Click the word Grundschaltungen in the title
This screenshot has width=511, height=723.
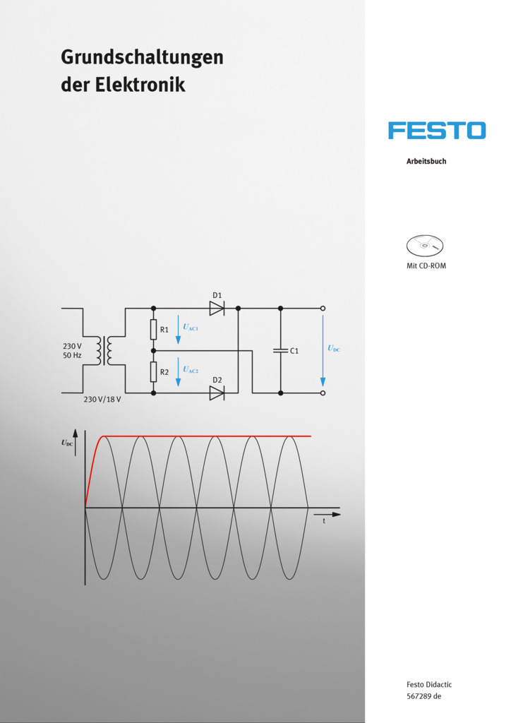pyautogui.click(x=142, y=58)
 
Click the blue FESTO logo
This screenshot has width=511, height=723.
pyautogui.click(x=437, y=131)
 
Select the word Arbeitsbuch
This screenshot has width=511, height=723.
pyautogui.click(x=426, y=162)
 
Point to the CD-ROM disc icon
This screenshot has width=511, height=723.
pyautogui.click(x=425, y=246)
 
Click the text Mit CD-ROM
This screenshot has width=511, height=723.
pyautogui.click(x=426, y=266)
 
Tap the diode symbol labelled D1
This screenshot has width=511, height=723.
pyautogui.click(x=217, y=309)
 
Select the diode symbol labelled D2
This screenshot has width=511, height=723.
pyautogui.click(x=217, y=393)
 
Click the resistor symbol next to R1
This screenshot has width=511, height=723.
pyautogui.click(x=153, y=330)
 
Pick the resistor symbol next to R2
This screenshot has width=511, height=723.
pyautogui.click(x=153, y=371)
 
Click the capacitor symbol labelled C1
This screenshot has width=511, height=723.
pyautogui.click(x=280, y=351)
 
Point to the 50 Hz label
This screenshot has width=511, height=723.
pyautogui.click(x=72, y=356)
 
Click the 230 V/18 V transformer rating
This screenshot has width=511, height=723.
pyautogui.click(x=102, y=400)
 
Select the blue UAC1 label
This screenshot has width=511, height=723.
pyautogui.click(x=191, y=328)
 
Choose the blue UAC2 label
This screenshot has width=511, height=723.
pyautogui.click(x=191, y=369)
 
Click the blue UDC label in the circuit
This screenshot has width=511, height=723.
pyautogui.click(x=334, y=349)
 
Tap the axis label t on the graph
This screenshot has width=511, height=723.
pyautogui.click(x=324, y=521)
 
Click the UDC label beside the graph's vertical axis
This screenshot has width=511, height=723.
pyautogui.click(x=67, y=443)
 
